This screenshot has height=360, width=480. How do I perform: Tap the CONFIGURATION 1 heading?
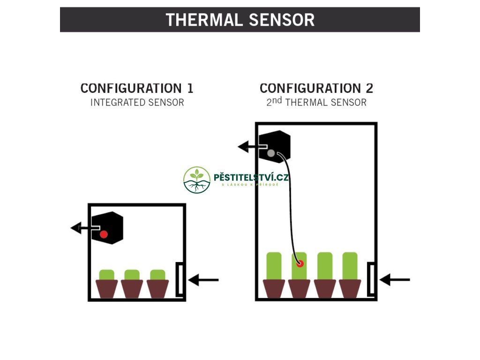137,88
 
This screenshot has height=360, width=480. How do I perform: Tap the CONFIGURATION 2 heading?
316,88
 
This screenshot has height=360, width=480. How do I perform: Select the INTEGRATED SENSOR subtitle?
137,102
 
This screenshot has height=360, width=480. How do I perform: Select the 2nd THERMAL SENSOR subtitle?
316,102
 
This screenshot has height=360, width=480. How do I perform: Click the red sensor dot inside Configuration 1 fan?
104,234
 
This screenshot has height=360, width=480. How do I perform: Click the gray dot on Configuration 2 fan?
271,153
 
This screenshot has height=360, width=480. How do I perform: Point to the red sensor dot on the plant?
300,263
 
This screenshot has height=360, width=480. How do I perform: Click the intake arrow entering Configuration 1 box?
204,280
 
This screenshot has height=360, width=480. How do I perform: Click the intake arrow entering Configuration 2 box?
395,280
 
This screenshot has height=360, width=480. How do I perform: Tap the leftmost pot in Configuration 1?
107,288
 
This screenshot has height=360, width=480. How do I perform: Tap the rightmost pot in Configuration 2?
350,288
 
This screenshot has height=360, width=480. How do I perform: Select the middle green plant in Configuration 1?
132,275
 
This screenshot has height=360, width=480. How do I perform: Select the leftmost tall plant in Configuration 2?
274,266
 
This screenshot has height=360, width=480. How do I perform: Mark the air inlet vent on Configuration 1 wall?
180,279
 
